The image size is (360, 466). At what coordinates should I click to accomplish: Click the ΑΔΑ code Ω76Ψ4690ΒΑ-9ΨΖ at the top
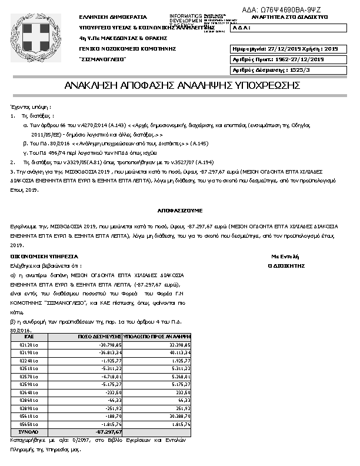(289, 9)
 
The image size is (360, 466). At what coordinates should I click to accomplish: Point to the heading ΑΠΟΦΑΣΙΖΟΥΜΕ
(180, 209)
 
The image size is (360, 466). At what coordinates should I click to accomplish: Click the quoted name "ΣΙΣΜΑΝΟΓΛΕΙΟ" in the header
(102, 59)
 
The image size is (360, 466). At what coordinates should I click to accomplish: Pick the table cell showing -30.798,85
(110, 345)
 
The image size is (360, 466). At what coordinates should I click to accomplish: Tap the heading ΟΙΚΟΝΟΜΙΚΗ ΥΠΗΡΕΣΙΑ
(45, 257)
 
